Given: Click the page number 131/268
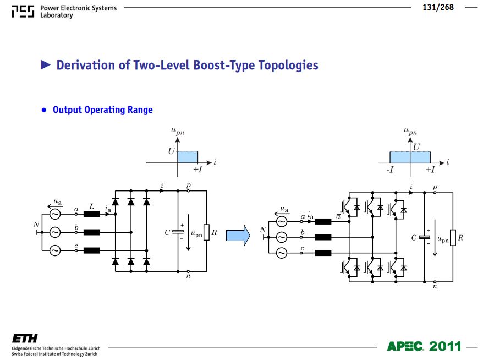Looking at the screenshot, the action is (x=438, y=7).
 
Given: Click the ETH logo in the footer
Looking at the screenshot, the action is (x=25, y=339).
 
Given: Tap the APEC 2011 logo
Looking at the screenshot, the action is (x=424, y=346).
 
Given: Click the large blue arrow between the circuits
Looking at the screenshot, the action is (x=238, y=236).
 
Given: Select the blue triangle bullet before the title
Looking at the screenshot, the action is (x=46, y=65).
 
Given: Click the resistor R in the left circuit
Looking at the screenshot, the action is (x=206, y=232).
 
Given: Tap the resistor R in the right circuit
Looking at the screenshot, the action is (x=453, y=238).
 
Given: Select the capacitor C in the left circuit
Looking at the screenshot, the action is (x=178, y=232).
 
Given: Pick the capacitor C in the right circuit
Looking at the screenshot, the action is (x=425, y=237).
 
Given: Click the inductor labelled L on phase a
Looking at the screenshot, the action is (x=92, y=214).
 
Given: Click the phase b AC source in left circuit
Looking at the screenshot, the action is (x=55, y=232).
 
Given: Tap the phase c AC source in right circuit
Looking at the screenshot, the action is (x=282, y=253).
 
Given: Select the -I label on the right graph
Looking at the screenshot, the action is (x=390, y=170).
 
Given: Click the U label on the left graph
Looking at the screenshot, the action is (x=171, y=151).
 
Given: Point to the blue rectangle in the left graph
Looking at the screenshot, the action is (x=188, y=157).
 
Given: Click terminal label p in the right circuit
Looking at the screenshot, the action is (x=435, y=187).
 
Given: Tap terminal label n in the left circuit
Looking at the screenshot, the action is (x=188, y=276).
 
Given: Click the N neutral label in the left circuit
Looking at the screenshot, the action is (x=36, y=225).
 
